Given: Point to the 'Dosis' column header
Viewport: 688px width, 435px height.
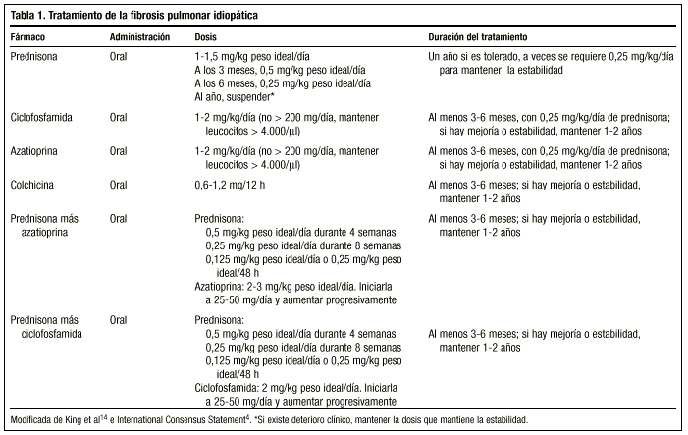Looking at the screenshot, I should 207,36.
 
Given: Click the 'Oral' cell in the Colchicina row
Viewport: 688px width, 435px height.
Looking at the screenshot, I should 119,185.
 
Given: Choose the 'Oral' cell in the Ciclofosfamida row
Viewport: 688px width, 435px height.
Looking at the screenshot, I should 119,116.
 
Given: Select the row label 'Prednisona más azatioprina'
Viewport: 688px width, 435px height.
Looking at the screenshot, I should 46,225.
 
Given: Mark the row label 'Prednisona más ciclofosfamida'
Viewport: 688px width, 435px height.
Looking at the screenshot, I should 46,327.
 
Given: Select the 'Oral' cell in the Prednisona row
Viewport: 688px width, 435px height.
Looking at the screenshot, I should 119,57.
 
